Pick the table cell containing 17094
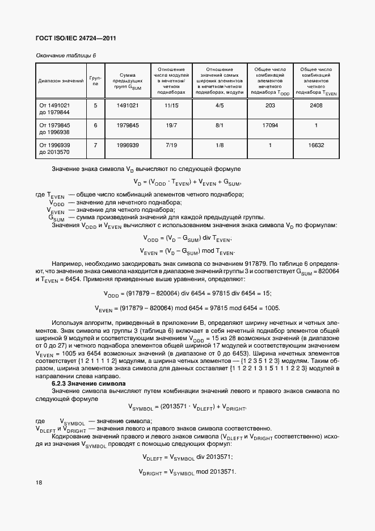tap(270, 125)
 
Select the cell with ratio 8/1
tap(220, 125)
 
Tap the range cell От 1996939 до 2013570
tap(54, 149)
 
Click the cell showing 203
tap(270, 105)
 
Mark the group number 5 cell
tap(95, 105)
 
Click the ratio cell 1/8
tap(220, 145)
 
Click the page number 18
tap(39, 482)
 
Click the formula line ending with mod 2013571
tap(187, 472)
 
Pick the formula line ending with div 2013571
tap(187, 457)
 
